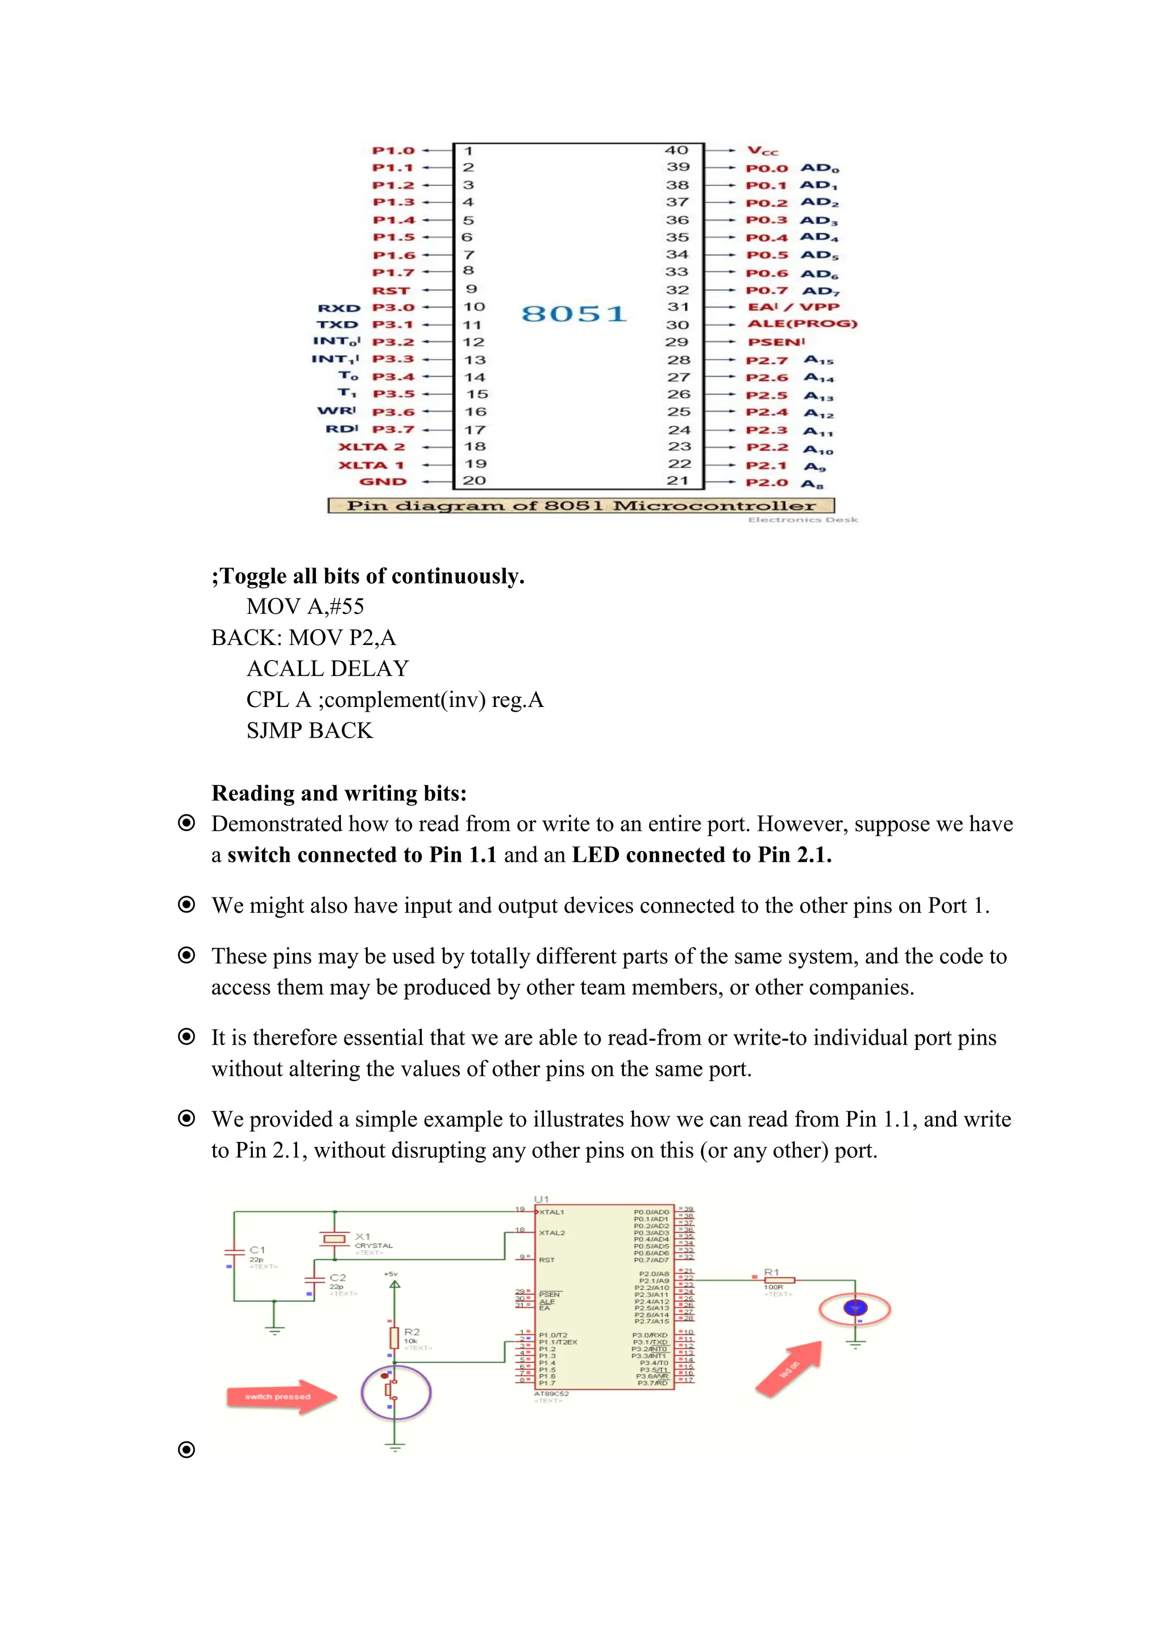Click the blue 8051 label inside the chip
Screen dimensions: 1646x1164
[x=573, y=314]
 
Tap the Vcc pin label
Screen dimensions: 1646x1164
[x=762, y=151]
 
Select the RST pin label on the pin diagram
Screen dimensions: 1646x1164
[x=390, y=290]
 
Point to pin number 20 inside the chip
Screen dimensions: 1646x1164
[x=474, y=480]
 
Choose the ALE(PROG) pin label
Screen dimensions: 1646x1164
[x=802, y=324]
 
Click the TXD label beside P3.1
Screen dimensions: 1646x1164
[x=338, y=325]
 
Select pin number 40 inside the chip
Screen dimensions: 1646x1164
[x=676, y=151]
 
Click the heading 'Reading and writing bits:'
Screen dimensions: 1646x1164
[x=339, y=793]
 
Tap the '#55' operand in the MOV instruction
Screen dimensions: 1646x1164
[x=346, y=606]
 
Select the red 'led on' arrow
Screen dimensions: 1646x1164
[x=789, y=1369]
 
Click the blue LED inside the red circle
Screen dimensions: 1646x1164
[x=854, y=1308]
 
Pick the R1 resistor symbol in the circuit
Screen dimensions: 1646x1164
[x=779, y=1279]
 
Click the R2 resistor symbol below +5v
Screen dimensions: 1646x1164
[x=394, y=1337]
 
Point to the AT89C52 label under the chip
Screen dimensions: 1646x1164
[x=551, y=1394]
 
